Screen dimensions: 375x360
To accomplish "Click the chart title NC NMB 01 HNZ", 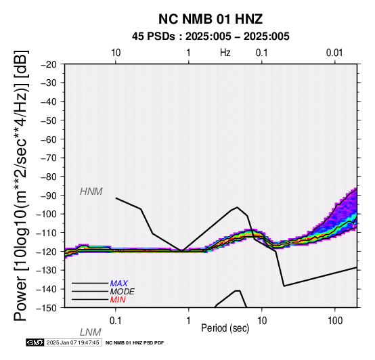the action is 211,19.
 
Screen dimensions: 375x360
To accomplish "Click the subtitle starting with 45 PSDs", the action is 211,37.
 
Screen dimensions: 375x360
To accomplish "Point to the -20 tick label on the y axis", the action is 49,64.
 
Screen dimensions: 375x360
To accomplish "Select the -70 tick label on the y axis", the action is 49,158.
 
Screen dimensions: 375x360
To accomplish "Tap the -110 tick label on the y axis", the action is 47,232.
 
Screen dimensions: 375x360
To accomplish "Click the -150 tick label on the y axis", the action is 47,307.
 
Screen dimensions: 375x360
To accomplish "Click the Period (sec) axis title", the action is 225,328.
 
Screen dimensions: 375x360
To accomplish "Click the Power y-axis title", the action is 21,185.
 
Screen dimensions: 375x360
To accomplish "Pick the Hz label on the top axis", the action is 225,53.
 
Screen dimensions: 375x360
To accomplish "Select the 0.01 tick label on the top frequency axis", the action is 334,53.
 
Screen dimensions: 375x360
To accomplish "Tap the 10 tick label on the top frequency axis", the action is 116,53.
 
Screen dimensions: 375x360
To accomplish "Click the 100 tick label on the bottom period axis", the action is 335,321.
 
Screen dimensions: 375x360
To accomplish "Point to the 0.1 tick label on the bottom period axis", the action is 116,321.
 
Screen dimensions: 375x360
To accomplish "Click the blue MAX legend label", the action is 119,284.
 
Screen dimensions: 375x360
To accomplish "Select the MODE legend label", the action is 123,292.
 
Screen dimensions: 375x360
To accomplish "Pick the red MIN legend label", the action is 118,300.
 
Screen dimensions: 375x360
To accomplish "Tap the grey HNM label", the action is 91,192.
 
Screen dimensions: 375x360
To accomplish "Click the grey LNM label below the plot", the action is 91,332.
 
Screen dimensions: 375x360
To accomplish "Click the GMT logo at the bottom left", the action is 35,342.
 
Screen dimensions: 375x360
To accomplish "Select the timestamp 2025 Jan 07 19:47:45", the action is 72,342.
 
